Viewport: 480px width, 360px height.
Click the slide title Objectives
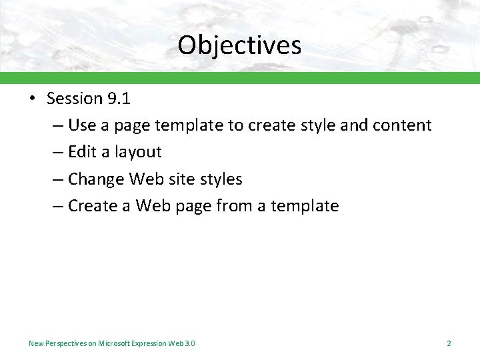(x=239, y=45)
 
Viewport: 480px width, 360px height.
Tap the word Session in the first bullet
(x=74, y=99)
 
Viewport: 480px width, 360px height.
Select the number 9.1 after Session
(x=118, y=99)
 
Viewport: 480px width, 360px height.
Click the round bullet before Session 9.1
(x=32, y=99)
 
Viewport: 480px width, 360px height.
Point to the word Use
(x=82, y=125)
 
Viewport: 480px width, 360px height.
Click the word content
(x=404, y=125)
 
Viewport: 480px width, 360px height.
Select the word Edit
(x=83, y=152)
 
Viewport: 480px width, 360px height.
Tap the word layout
(x=138, y=152)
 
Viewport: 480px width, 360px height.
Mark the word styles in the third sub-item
(x=222, y=179)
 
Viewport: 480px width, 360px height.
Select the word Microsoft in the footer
(x=115, y=343)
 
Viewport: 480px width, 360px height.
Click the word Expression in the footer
(x=150, y=343)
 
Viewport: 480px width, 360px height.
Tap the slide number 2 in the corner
(x=449, y=343)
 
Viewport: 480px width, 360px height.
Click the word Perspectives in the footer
(x=68, y=343)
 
